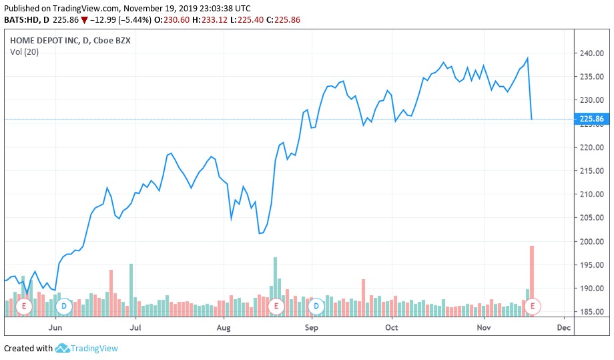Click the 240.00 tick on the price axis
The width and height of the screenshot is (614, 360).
(x=592, y=53)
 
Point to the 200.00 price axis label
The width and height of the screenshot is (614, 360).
(x=592, y=242)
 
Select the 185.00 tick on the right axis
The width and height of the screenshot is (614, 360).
(x=592, y=312)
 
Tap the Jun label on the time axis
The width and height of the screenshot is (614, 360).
(x=55, y=328)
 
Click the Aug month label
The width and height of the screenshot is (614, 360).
(x=224, y=328)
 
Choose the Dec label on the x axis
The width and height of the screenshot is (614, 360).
(x=563, y=328)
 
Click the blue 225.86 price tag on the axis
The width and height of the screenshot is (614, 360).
(x=591, y=120)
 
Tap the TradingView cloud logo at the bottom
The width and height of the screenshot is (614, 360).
(x=63, y=348)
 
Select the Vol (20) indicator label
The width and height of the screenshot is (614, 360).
(x=24, y=52)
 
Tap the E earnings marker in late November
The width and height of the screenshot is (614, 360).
(x=533, y=306)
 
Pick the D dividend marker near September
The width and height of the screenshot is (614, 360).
(x=316, y=306)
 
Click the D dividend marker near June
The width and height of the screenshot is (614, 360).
(x=64, y=306)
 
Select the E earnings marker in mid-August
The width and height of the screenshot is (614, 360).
(x=275, y=306)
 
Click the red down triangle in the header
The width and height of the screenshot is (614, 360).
(x=85, y=20)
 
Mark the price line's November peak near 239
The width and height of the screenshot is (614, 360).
(x=528, y=58)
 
